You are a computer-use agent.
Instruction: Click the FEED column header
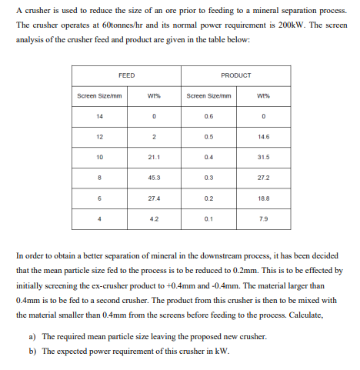pyautogui.click(x=127, y=75)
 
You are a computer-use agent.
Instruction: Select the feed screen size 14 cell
pyautogui.click(x=100, y=116)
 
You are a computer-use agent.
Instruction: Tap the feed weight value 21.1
pyautogui.click(x=154, y=156)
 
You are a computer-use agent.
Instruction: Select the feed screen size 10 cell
pyautogui.click(x=100, y=156)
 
